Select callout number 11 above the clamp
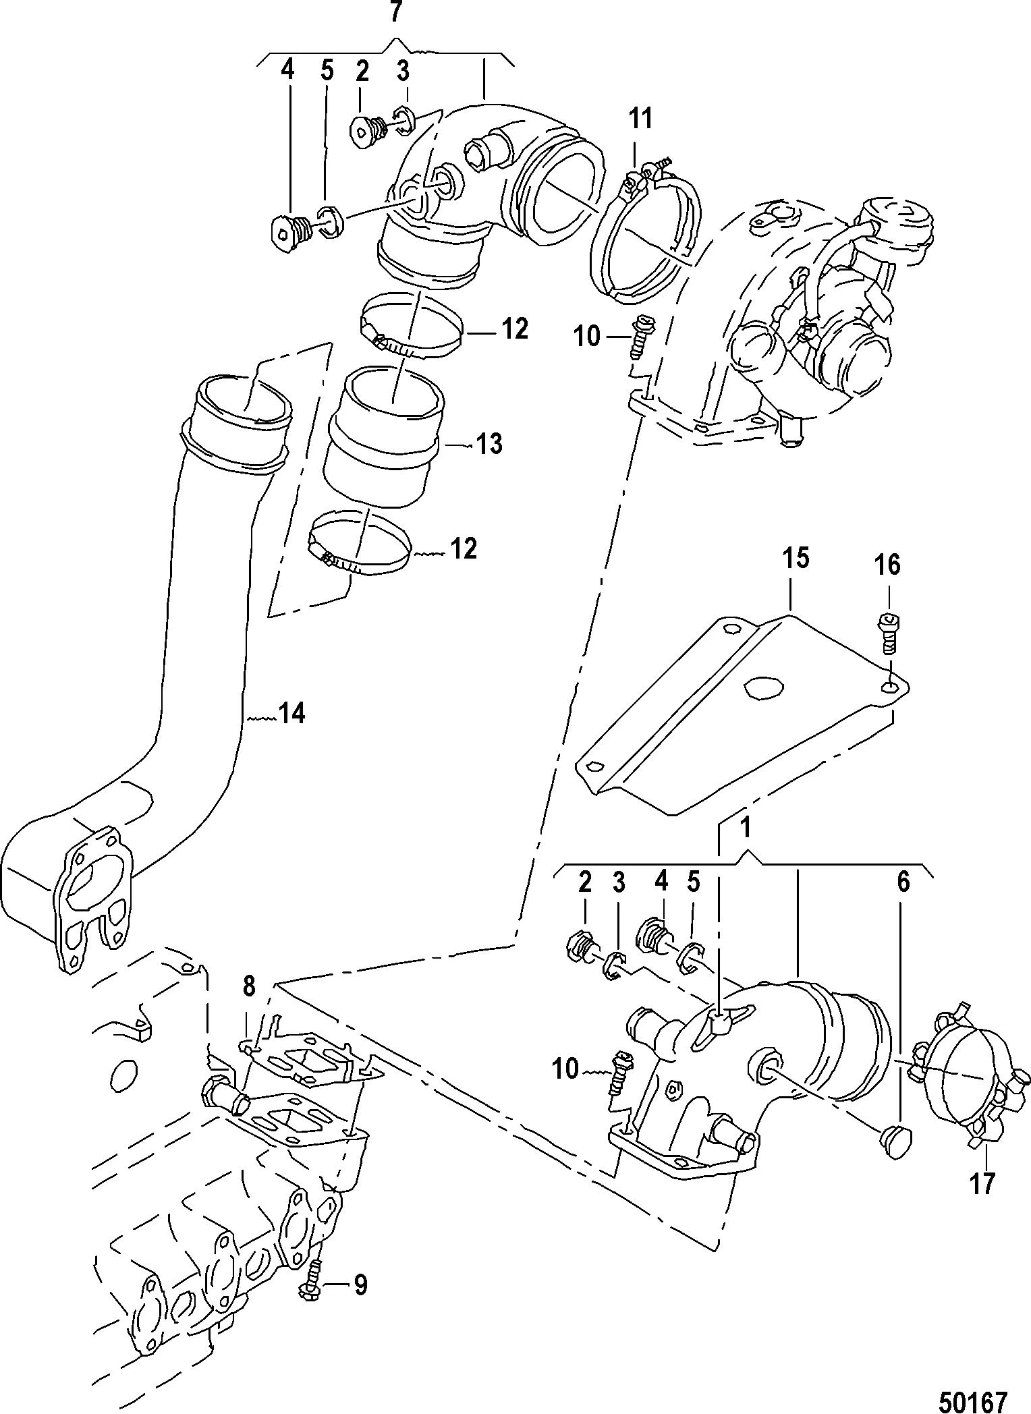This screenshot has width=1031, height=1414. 641,119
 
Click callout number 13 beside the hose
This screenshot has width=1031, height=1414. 489,444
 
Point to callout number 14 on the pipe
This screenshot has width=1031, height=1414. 291,713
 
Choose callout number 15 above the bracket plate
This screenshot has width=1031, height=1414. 796,559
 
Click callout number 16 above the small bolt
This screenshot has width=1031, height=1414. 888,565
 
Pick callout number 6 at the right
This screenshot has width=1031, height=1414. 903,882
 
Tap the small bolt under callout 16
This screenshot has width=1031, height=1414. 889,631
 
